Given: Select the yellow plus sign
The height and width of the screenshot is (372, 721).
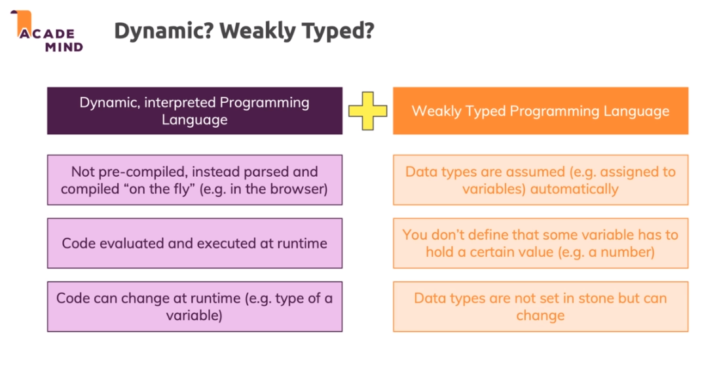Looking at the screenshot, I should [x=367, y=111].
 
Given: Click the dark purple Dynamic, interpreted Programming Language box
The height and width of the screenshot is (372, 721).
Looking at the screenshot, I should [x=194, y=111].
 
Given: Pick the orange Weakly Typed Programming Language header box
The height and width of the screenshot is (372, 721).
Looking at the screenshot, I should [x=540, y=111].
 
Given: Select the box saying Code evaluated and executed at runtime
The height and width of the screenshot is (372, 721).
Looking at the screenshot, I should [x=194, y=243].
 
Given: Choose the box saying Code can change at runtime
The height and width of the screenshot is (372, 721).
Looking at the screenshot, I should [x=194, y=307].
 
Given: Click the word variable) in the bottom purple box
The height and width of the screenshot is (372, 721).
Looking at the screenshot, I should [x=194, y=315].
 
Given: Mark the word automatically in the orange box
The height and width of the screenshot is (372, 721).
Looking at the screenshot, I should [x=574, y=189].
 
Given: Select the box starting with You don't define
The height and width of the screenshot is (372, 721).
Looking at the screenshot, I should [x=540, y=243].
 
